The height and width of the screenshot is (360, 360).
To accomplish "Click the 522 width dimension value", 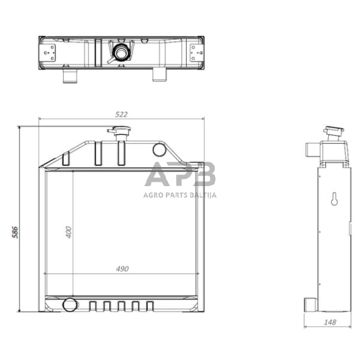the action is coord(121,114).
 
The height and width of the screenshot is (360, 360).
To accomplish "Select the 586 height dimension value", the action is coord(15,232).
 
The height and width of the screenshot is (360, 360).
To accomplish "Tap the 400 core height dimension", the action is coord(69,232).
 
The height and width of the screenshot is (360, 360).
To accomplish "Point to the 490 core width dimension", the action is coord(122,269).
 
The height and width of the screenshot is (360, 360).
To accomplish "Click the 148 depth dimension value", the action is coord(330,322).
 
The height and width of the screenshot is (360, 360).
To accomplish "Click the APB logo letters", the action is coord(180,174).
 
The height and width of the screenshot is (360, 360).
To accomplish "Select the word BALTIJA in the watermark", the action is coord(203,195).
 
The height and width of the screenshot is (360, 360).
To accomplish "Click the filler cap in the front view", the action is coord(119,130).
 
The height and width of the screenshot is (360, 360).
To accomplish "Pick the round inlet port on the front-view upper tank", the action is coord(159,149).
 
